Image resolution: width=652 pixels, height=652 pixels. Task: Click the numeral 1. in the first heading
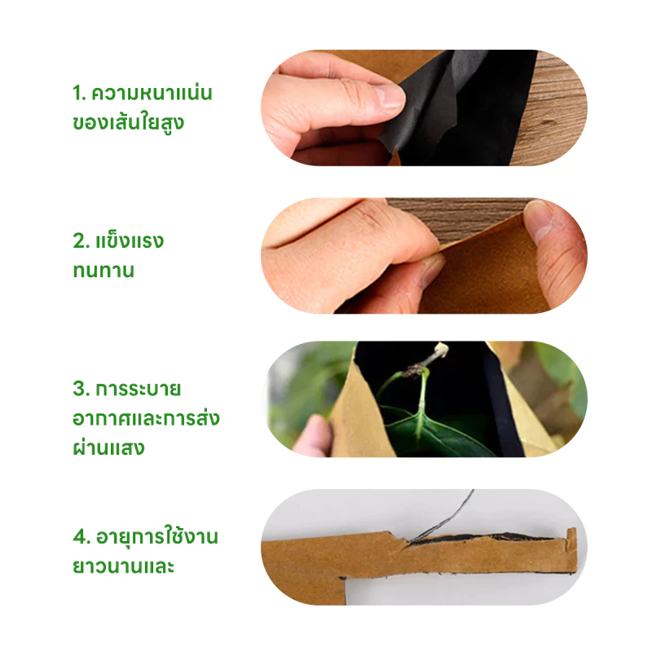79,93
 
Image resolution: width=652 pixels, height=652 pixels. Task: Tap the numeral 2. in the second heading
81,240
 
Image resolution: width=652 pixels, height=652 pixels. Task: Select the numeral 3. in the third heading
81,389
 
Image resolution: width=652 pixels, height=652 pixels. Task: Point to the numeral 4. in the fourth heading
81,536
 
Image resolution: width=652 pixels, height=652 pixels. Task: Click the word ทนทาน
104,271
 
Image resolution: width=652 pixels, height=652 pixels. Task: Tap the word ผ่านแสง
108,447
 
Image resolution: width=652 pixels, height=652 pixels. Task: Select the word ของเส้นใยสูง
128,122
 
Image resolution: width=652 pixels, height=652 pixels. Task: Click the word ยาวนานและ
123,566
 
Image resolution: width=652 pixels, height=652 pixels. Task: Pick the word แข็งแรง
130,240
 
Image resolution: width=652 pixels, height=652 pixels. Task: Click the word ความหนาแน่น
152,92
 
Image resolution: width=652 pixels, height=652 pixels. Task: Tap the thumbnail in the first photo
389,96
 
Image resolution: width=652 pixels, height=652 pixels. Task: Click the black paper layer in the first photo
461,108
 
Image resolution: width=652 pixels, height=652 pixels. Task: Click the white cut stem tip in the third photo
441,350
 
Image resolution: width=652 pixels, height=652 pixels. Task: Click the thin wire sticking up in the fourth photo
445,516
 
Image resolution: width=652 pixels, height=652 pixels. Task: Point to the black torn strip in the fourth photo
482,537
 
